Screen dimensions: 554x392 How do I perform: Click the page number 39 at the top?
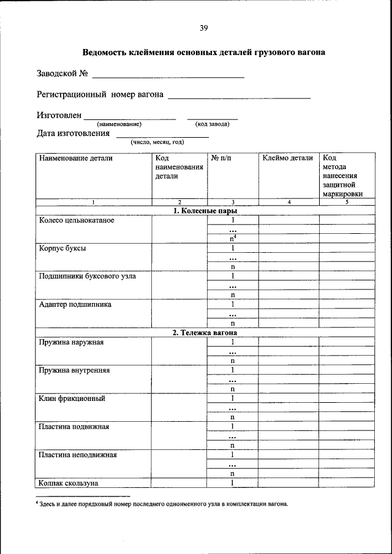pyautogui.click(x=204, y=28)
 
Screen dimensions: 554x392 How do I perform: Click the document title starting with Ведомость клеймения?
pyautogui.click(x=203, y=53)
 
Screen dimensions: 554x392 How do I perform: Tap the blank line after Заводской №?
pyautogui.click(x=168, y=76)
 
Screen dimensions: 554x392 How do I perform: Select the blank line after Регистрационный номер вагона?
pyautogui.click(x=239, y=96)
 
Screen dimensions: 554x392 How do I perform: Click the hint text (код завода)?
pyautogui.click(x=212, y=124)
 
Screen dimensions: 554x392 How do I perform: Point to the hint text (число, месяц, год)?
pyautogui.click(x=157, y=142)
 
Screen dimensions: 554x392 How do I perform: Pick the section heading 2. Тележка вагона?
pyautogui.click(x=204, y=332)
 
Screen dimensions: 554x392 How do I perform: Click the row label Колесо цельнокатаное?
pyautogui.click(x=77, y=220)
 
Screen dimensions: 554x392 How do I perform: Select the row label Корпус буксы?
pyautogui.click(x=62, y=249)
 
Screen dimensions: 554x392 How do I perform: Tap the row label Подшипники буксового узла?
pyautogui.click(x=87, y=276)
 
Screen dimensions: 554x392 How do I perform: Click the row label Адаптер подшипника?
pyautogui.click(x=75, y=304)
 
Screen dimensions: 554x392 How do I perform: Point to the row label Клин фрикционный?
pyautogui.click(x=72, y=399)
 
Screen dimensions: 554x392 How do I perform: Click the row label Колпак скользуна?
pyautogui.click(x=69, y=483)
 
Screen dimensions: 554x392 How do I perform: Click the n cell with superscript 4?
pyautogui.click(x=233, y=239)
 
